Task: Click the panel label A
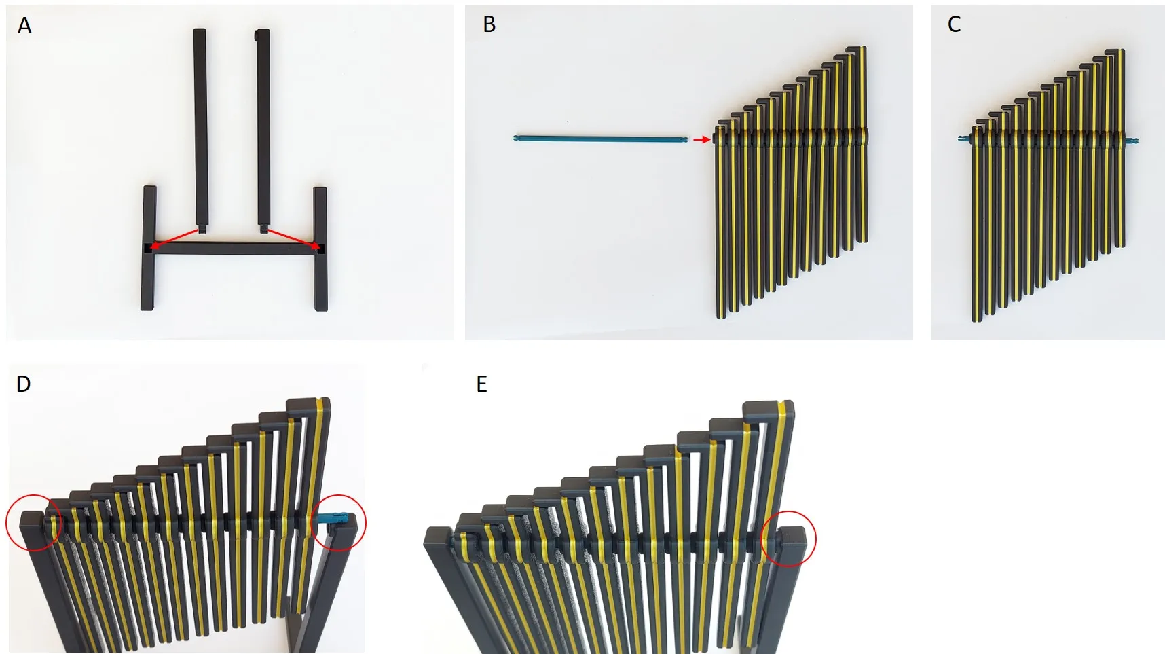tap(24, 26)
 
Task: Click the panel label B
tap(489, 24)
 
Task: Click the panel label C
tap(954, 24)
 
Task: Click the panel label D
tap(23, 384)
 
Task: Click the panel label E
tap(481, 384)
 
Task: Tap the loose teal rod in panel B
tap(601, 139)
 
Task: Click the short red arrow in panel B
tap(701, 140)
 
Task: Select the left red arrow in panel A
tap(174, 238)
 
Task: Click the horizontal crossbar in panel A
tap(235, 248)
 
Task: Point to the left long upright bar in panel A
tap(200, 129)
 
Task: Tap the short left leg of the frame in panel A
tap(149, 248)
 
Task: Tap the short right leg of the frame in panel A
tap(320, 249)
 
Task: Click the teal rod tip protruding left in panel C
tap(965, 139)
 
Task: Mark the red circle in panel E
tap(788, 539)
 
